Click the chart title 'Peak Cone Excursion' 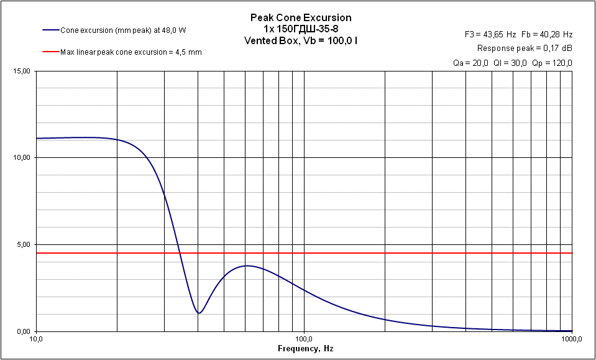(x=300, y=17)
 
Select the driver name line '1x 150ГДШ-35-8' (x=300, y=29)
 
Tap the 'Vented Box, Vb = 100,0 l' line (x=300, y=40)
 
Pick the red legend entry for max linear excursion (x=122, y=52)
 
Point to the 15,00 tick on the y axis (x=22, y=72)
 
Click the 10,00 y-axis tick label (x=22, y=158)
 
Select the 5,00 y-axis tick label (x=23, y=245)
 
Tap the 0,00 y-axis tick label (x=23, y=331)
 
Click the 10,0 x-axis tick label (x=36, y=339)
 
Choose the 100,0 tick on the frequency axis (x=304, y=339)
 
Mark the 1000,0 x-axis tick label (x=571, y=339)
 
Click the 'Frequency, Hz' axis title (x=305, y=349)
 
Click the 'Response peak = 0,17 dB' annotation (x=525, y=48)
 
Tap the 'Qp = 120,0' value (x=552, y=63)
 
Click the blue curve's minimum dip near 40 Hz (x=198, y=313)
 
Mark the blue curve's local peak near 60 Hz (x=247, y=265)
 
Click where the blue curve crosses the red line (x=180, y=253)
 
